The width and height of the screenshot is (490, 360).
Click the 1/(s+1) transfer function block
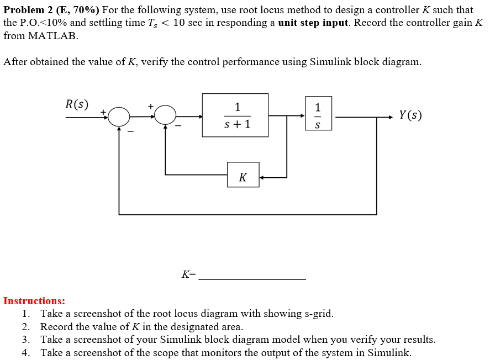235,115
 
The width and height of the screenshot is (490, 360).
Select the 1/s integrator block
317,114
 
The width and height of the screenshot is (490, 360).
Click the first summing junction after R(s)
119,117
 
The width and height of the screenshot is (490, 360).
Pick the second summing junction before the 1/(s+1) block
165,115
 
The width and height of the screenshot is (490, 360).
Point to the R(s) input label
77,104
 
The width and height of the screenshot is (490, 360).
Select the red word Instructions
34,301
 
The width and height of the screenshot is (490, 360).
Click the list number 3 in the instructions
26,340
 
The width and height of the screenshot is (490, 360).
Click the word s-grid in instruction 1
317,314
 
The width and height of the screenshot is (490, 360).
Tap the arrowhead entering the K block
262,177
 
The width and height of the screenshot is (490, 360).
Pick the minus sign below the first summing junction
131,131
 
